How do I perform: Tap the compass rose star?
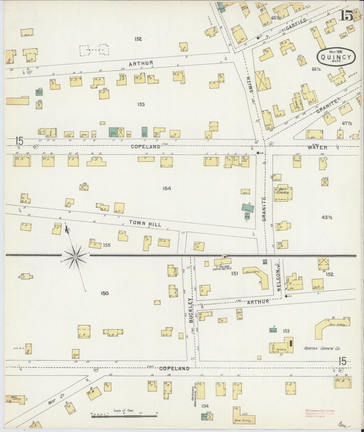pos(75,257)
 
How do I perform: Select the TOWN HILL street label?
pos(145,223)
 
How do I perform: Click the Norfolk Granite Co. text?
pos(321,349)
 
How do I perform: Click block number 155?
pos(107,245)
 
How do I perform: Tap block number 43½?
pos(327,217)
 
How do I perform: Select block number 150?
pos(104,293)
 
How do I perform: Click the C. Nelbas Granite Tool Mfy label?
pos(221,268)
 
